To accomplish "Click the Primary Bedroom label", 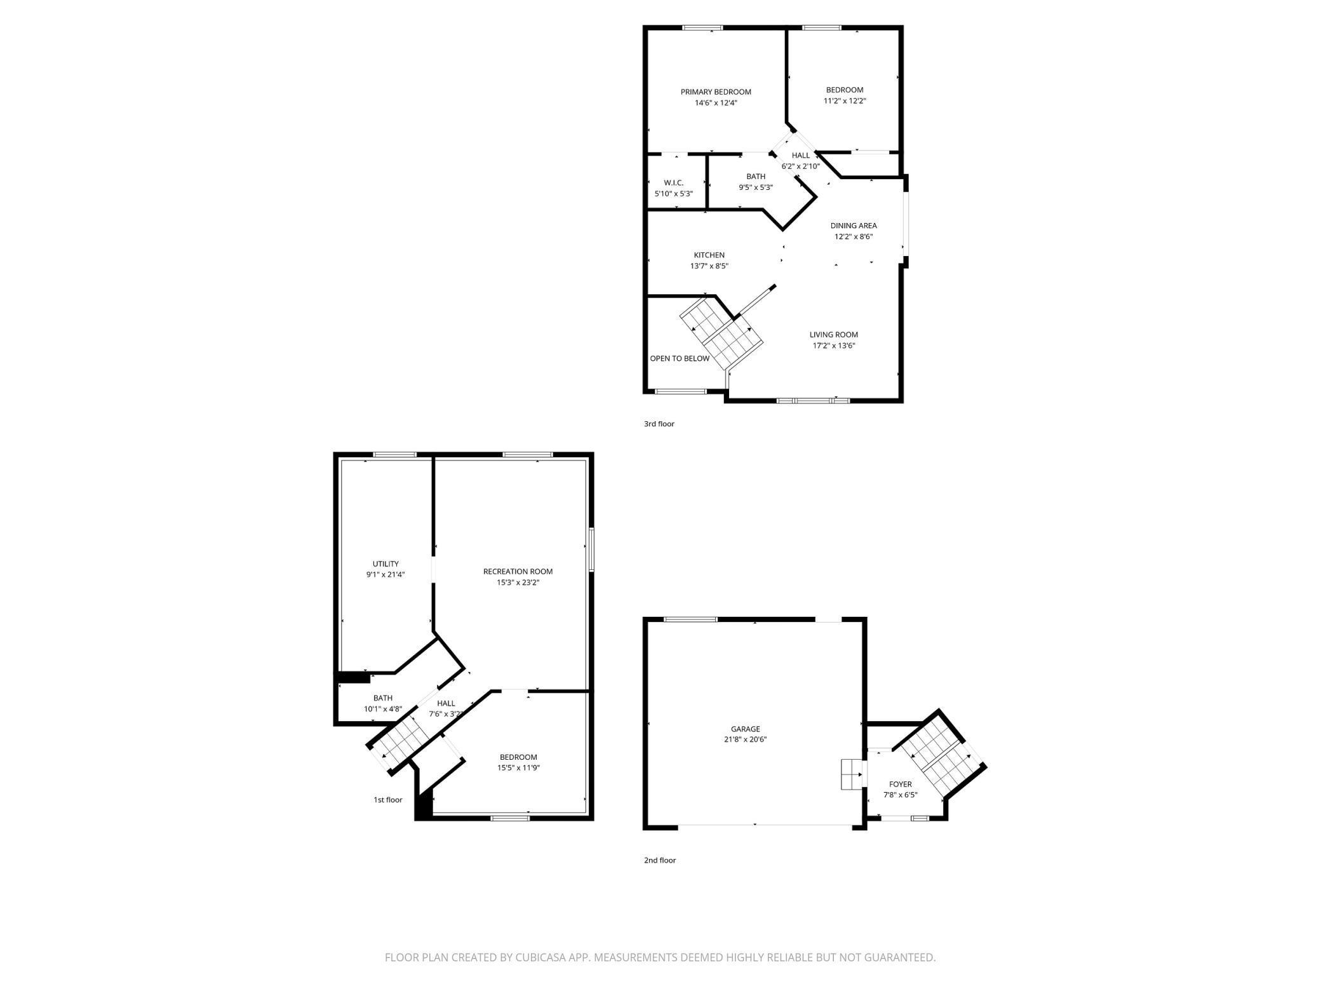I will (716, 92).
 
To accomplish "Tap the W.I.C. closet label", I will (673, 183).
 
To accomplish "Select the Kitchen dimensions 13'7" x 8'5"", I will (709, 266).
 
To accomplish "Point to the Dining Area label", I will (854, 226).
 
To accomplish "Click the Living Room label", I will (833, 335).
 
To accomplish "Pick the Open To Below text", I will (680, 358).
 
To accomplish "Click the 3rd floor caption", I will (659, 424).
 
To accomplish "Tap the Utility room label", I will (386, 564).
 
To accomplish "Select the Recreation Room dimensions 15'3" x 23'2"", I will (518, 583).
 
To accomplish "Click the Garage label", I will (745, 729).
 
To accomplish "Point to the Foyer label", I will (901, 785).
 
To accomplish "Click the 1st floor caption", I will (387, 800).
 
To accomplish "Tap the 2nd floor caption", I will (660, 860).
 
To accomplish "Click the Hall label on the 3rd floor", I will (801, 156).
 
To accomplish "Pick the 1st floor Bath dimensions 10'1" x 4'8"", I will (383, 709).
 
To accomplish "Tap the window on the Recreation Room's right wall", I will (591, 550).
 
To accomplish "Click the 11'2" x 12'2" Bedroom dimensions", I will (845, 101).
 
